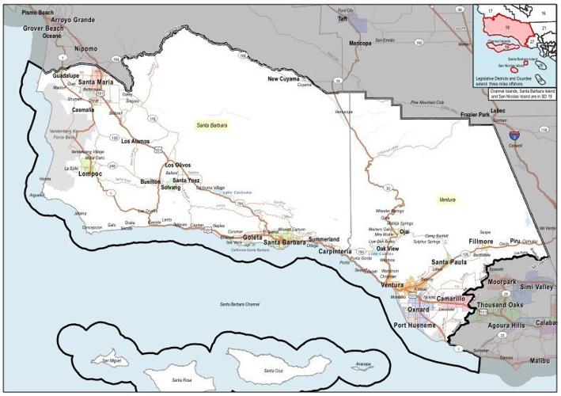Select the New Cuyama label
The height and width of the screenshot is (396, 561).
pyautogui.click(x=285, y=79)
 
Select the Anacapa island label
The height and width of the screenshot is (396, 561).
pyautogui.click(x=363, y=364)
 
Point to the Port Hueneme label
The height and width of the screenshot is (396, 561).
pyautogui.click(x=415, y=325)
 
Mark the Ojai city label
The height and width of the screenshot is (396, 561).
pyautogui.click(x=404, y=232)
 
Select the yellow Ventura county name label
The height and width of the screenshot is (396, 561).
pyautogui.click(x=447, y=200)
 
